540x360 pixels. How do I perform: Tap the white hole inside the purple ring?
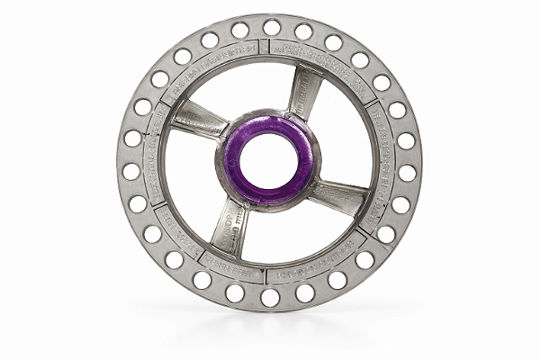coord(267,161)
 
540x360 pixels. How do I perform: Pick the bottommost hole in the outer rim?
coord(270,296)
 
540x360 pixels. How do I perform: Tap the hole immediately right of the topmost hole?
coord(303,31)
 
